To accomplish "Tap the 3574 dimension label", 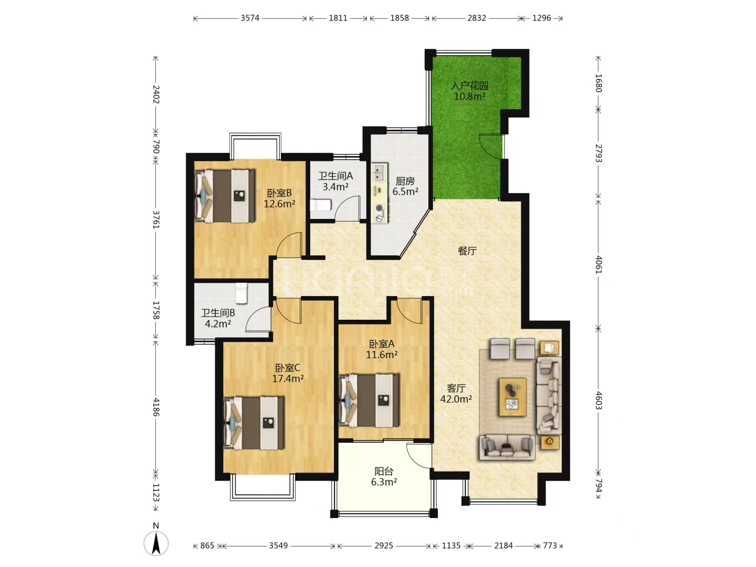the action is click(250, 18).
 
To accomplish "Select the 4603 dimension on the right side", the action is click(598, 401).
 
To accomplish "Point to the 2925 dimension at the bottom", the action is click(384, 545).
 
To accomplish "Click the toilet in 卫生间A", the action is click(321, 205).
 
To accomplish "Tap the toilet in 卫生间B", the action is click(241, 293).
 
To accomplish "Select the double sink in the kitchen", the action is click(379, 173).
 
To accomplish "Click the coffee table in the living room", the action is click(513, 397).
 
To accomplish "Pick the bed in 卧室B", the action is click(225, 195).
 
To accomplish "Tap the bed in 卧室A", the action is click(369, 401).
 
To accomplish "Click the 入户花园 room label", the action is click(469, 86).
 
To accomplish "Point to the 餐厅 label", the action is click(467, 251).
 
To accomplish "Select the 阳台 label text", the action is click(384, 471).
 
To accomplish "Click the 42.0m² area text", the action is click(456, 399).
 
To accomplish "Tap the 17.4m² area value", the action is click(288, 379).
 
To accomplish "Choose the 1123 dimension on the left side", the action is click(156, 492).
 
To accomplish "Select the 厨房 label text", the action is click(405, 181).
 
